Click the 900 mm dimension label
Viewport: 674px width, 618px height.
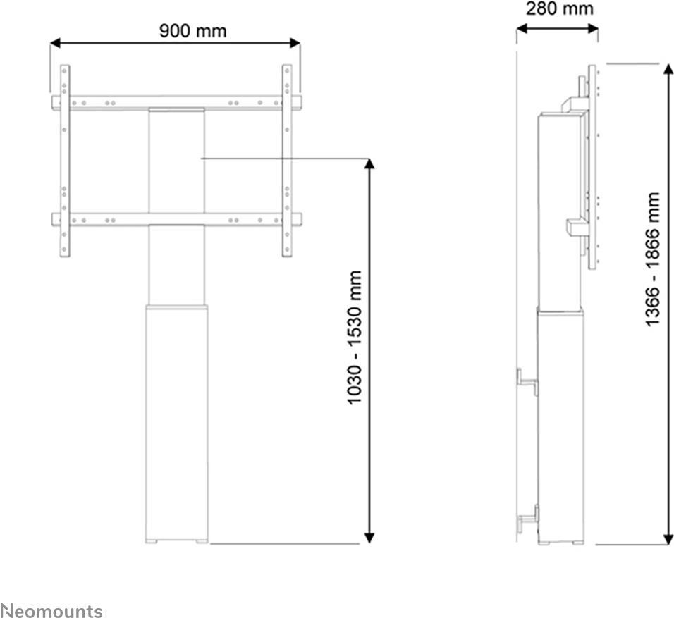click(192, 31)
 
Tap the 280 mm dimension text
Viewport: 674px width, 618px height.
click(559, 8)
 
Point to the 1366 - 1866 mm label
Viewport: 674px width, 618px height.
click(653, 259)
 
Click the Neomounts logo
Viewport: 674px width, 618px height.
click(51, 611)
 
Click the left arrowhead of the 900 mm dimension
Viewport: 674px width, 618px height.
click(56, 42)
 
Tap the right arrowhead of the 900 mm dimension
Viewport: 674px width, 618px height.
click(295, 42)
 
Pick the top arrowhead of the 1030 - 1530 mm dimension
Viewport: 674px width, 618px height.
click(369, 163)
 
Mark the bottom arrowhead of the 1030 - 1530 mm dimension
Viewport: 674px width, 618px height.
click(369, 538)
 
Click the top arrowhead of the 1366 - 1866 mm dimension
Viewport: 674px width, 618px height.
click(668, 69)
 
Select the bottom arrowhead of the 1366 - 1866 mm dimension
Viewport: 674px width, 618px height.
click(668, 539)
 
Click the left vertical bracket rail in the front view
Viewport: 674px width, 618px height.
click(64, 161)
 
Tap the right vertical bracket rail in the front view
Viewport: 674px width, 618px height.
click(287, 161)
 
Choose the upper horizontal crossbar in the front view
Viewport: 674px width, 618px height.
click(176, 103)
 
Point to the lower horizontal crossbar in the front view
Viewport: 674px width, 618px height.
click(176, 220)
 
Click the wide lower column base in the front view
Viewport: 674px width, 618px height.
click(177, 424)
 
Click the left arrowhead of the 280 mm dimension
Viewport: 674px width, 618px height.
click(522, 29)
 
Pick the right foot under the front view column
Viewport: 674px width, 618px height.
click(202, 541)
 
